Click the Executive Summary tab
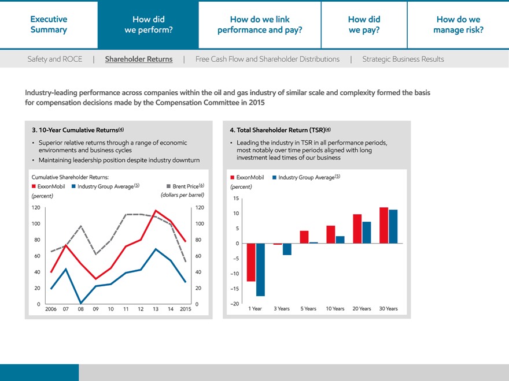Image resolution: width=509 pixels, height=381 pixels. (49, 24)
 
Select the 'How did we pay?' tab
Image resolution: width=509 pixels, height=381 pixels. (364, 24)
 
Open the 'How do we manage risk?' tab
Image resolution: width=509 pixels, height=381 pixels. (458, 24)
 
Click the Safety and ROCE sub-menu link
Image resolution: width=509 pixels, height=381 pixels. (54, 59)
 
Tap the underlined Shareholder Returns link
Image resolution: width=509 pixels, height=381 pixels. (139, 59)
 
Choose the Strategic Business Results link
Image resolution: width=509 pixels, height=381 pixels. (403, 59)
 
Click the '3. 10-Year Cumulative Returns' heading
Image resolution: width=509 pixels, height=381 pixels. (78, 130)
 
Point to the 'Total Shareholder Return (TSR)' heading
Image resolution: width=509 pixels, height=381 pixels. (280, 130)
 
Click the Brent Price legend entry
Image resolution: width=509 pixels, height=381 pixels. (185, 186)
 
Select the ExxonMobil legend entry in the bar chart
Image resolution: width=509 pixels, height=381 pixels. (247, 177)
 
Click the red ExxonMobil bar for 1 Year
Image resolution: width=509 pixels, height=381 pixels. (251, 262)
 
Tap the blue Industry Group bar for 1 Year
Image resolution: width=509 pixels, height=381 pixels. (260, 270)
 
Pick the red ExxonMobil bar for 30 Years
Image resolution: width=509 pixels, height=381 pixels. (383, 225)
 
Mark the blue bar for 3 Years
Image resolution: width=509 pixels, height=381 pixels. (287, 249)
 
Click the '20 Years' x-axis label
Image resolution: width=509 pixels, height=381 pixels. (362, 308)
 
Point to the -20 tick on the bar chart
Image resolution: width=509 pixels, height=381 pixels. (234, 304)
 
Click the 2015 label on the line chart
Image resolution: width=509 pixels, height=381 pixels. (186, 309)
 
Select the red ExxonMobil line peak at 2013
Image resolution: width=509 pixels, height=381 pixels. (156, 211)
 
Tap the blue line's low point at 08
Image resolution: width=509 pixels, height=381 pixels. (81, 303)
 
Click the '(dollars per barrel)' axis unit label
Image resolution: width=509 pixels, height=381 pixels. (182, 195)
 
